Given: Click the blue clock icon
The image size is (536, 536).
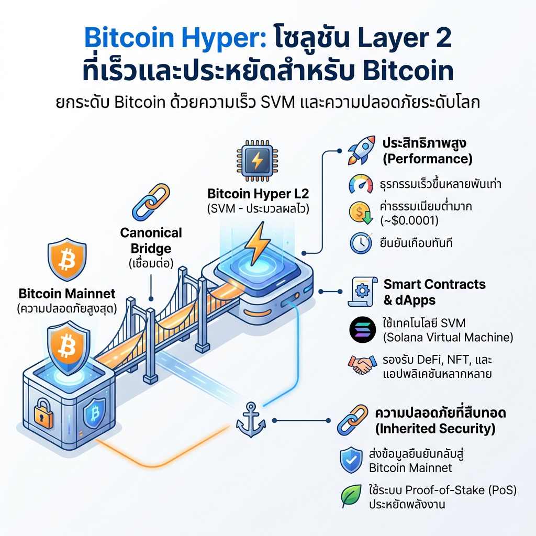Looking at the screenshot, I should (x=361, y=243).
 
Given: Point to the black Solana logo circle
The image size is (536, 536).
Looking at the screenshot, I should (x=362, y=330).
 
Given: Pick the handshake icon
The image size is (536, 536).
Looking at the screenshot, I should (x=362, y=364).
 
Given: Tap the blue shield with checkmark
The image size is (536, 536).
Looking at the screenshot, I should (x=350, y=460).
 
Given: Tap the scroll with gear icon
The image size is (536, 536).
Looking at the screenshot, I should (x=361, y=291).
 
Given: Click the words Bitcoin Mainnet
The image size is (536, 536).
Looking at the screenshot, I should (x=66, y=293).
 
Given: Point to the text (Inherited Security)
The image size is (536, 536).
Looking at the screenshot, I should (x=435, y=429).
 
